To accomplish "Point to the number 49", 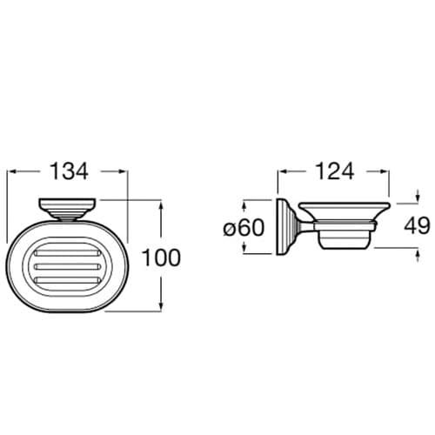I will pos(417,226).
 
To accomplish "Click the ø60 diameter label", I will pos(243,228).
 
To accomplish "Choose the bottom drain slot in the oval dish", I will pos(67,280).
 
